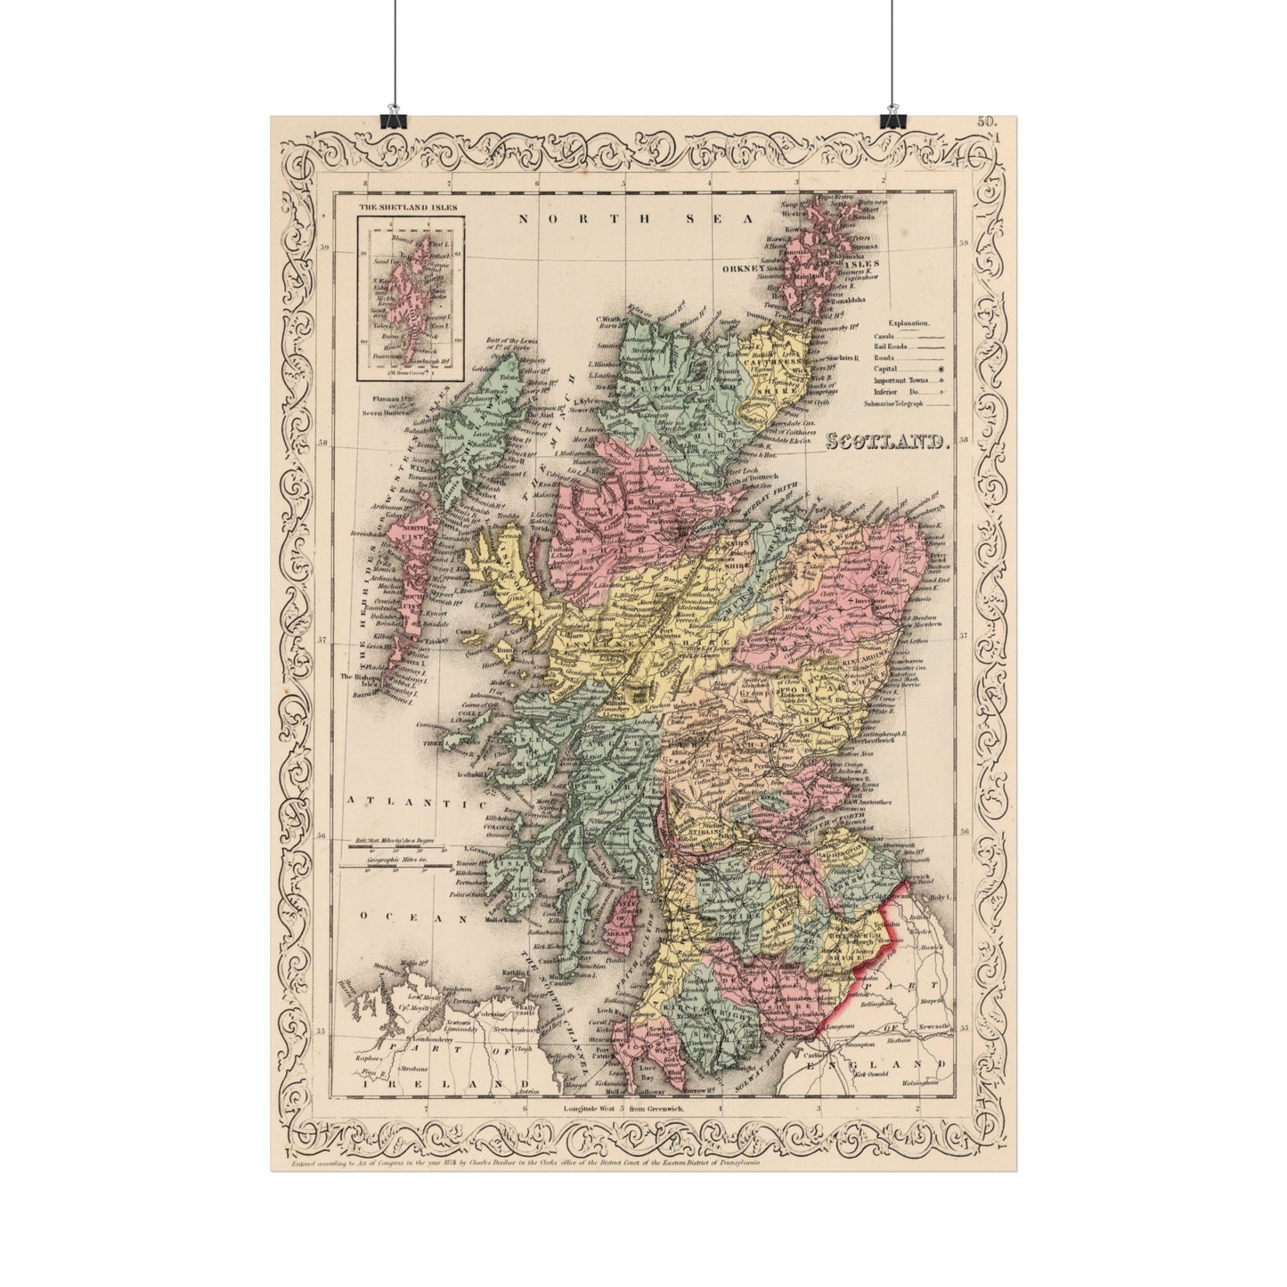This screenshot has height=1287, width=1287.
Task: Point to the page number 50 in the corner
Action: (987, 122)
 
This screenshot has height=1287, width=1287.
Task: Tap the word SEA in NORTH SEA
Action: (730, 217)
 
